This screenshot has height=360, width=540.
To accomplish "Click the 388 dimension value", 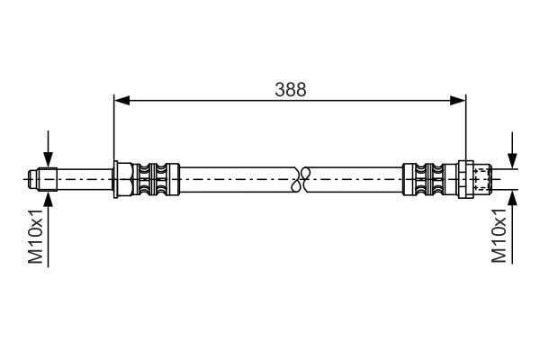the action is tap(291, 89).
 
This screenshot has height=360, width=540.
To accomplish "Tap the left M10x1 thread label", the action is tap(36, 236).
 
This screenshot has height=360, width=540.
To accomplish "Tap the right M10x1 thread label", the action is tap(499, 235).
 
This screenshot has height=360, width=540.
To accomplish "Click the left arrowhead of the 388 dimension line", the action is tap(121, 100).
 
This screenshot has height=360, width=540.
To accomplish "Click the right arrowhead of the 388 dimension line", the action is tap(458, 100).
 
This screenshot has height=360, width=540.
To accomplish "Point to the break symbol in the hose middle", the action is tap(301, 179).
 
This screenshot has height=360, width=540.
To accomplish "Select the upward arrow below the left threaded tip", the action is tap(49, 229).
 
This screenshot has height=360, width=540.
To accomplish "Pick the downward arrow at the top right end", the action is tap(513, 150).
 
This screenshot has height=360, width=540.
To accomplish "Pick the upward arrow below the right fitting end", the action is tap(513, 228).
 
